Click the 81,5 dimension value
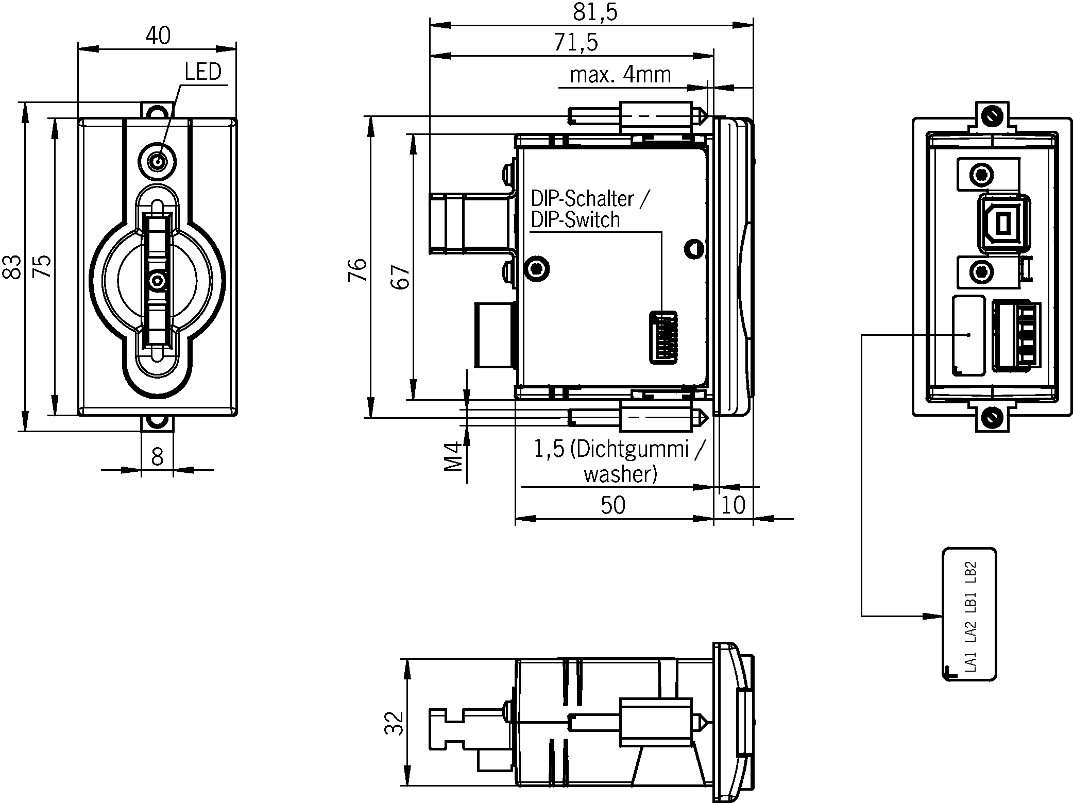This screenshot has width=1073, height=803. point(595,12)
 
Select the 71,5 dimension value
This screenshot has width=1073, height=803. point(576,42)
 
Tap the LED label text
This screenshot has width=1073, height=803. point(203,72)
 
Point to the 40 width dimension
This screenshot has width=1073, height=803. point(158,36)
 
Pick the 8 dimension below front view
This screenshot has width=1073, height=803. point(157,456)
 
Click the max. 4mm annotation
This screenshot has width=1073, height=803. point(621,75)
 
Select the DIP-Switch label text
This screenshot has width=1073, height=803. point(575,220)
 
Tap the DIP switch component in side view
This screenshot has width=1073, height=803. point(663,337)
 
